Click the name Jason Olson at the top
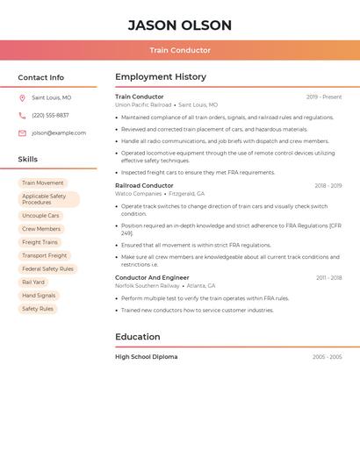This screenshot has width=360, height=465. coord(180,25)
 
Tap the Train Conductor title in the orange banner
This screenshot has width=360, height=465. coord(180,51)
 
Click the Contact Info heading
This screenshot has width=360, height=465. coord(40,77)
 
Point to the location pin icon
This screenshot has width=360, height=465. coord(22,98)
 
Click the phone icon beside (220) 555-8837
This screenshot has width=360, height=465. coord(22,116)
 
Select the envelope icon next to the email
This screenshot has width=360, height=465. coord(22,133)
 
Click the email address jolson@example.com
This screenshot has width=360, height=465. coord(59,133)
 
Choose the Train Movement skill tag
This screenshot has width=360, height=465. coord(43,183)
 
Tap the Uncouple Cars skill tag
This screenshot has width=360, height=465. coord(40,216)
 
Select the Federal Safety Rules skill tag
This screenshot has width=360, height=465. coord(47,268)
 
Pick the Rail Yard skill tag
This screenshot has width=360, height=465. coord(33,283)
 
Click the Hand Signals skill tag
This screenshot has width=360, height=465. coord(39,296)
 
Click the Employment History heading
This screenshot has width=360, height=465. coord(161,77)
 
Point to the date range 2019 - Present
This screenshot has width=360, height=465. coord(324,97)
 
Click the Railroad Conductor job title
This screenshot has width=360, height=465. coord(144,186)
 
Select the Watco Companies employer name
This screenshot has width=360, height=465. coord(138,194)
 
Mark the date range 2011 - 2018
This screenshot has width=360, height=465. coord(329,278)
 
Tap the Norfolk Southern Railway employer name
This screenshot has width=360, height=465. coord(147,286)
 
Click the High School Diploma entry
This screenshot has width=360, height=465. coord(146,357)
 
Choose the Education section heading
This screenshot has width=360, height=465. coord(138,337)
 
